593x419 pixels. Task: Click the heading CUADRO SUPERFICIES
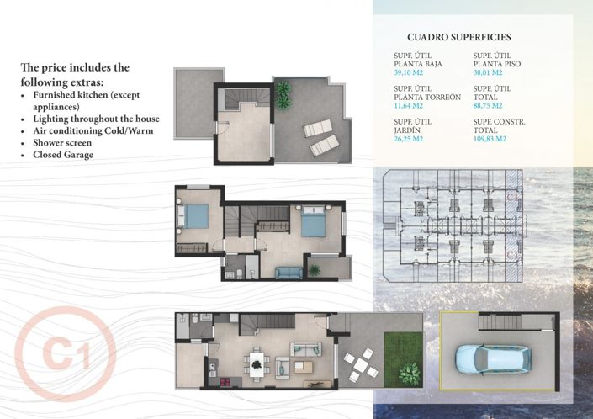click(x=458, y=37)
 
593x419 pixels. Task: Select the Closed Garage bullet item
click(x=63, y=155)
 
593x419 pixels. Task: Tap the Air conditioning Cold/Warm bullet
click(x=93, y=131)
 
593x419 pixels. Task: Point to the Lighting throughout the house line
click(x=96, y=119)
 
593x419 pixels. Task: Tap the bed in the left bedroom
click(x=196, y=216)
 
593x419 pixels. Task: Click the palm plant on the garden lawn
click(x=409, y=371)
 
